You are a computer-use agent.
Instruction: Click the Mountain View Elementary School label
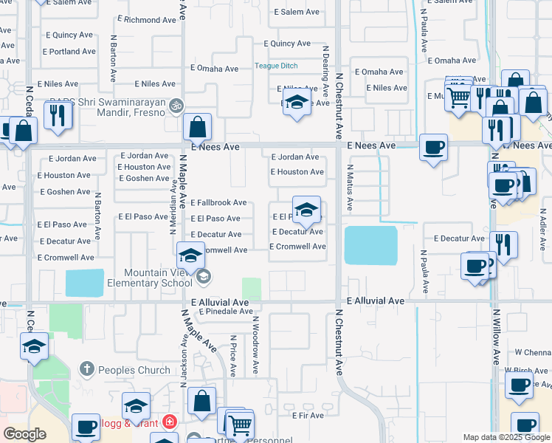click(x=148, y=278)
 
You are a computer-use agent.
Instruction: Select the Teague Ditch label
click(x=276, y=66)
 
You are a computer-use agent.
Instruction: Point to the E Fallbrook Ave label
click(x=218, y=202)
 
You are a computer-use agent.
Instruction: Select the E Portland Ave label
click(x=69, y=52)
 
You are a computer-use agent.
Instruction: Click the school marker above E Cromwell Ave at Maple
click(x=190, y=256)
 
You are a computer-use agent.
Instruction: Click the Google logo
click(x=25, y=434)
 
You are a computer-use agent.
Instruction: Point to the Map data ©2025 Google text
click(x=506, y=437)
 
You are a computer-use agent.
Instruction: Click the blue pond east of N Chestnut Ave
click(x=370, y=245)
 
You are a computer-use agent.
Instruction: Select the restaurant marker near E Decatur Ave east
click(x=503, y=244)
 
